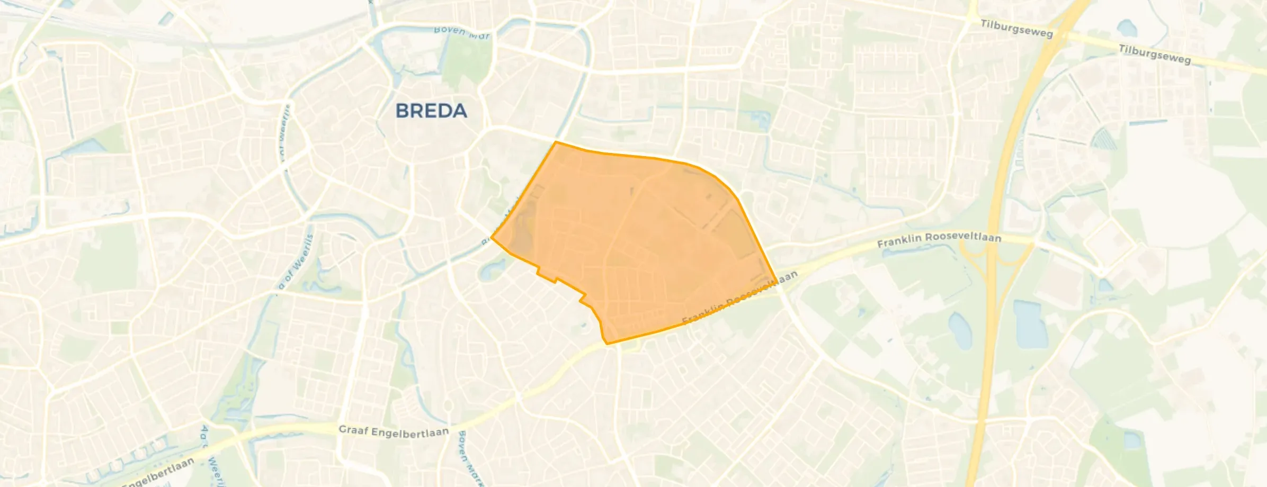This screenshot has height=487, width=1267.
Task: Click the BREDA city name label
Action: (431, 111)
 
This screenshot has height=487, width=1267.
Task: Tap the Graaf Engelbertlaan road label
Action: (393, 431)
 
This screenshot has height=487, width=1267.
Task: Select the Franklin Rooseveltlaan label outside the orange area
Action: (939, 240)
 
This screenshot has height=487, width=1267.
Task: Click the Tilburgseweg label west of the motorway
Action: (1016, 29)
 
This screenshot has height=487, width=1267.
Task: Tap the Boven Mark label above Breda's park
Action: (462, 32)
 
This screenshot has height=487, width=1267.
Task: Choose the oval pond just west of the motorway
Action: (960, 330)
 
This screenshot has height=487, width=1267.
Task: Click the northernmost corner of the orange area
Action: (556, 142)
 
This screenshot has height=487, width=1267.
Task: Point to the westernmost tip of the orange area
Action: (492, 238)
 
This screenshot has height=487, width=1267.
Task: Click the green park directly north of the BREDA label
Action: (466, 61)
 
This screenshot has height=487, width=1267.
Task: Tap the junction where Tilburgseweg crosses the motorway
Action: (1054, 34)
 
